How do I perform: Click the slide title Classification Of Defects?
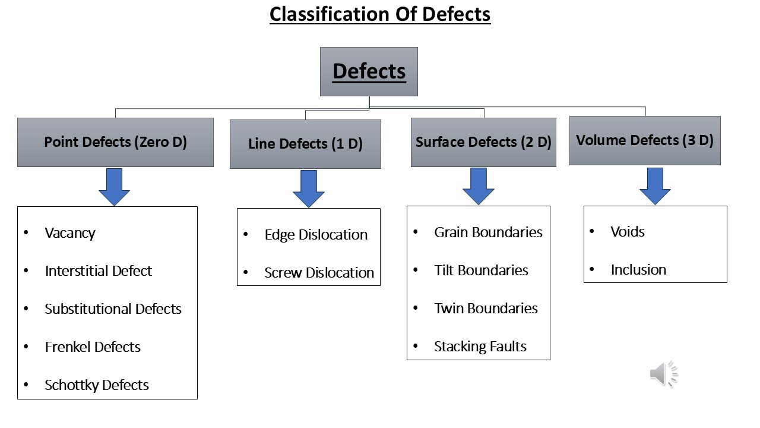(380, 14)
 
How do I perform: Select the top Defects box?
(369, 71)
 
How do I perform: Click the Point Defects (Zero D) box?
(115, 142)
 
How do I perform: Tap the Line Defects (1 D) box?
(305, 144)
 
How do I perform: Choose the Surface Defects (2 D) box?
(483, 142)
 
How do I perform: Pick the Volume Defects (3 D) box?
(645, 140)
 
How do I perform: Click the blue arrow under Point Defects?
(114, 186)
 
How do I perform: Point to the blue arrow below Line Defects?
(309, 188)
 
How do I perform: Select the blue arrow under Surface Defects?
(479, 185)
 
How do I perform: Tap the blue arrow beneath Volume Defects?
(655, 185)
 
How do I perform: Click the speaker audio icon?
(663, 374)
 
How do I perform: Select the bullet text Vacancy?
(70, 233)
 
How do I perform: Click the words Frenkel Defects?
(93, 347)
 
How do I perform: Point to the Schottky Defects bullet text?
(97, 385)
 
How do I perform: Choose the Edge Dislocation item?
(316, 235)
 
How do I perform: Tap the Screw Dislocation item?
(319, 273)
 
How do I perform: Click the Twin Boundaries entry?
(486, 309)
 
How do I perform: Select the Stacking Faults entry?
(480, 347)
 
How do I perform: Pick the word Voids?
(628, 232)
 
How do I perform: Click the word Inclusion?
(638, 270)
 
